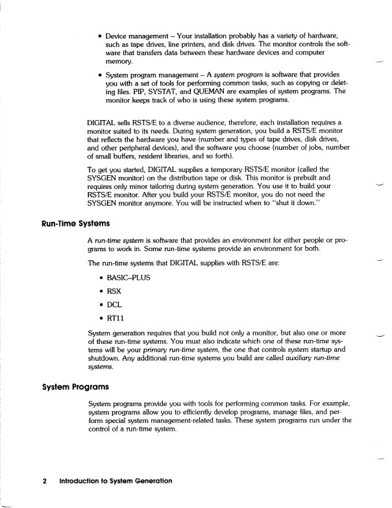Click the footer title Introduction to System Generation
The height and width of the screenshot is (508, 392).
116,482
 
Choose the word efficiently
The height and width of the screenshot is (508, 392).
195,413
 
